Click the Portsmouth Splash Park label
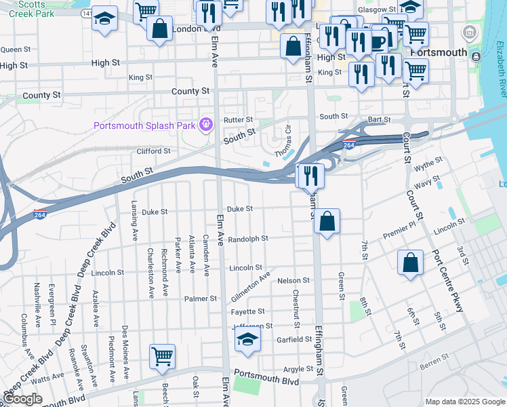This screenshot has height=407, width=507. coord(144,125)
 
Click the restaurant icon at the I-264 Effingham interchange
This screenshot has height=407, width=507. coord(310,176)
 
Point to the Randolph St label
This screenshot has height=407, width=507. coord(248,239)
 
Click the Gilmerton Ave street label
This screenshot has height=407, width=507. coord(250,285)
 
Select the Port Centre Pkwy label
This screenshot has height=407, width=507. coord(447,281)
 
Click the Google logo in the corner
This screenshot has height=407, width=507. coord(23,400)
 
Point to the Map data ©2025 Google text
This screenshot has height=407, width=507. coord(465,402)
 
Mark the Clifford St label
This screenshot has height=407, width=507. coord(153,151)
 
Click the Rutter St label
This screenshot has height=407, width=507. coord(238,120)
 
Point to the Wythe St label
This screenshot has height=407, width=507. coord(428,163)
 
